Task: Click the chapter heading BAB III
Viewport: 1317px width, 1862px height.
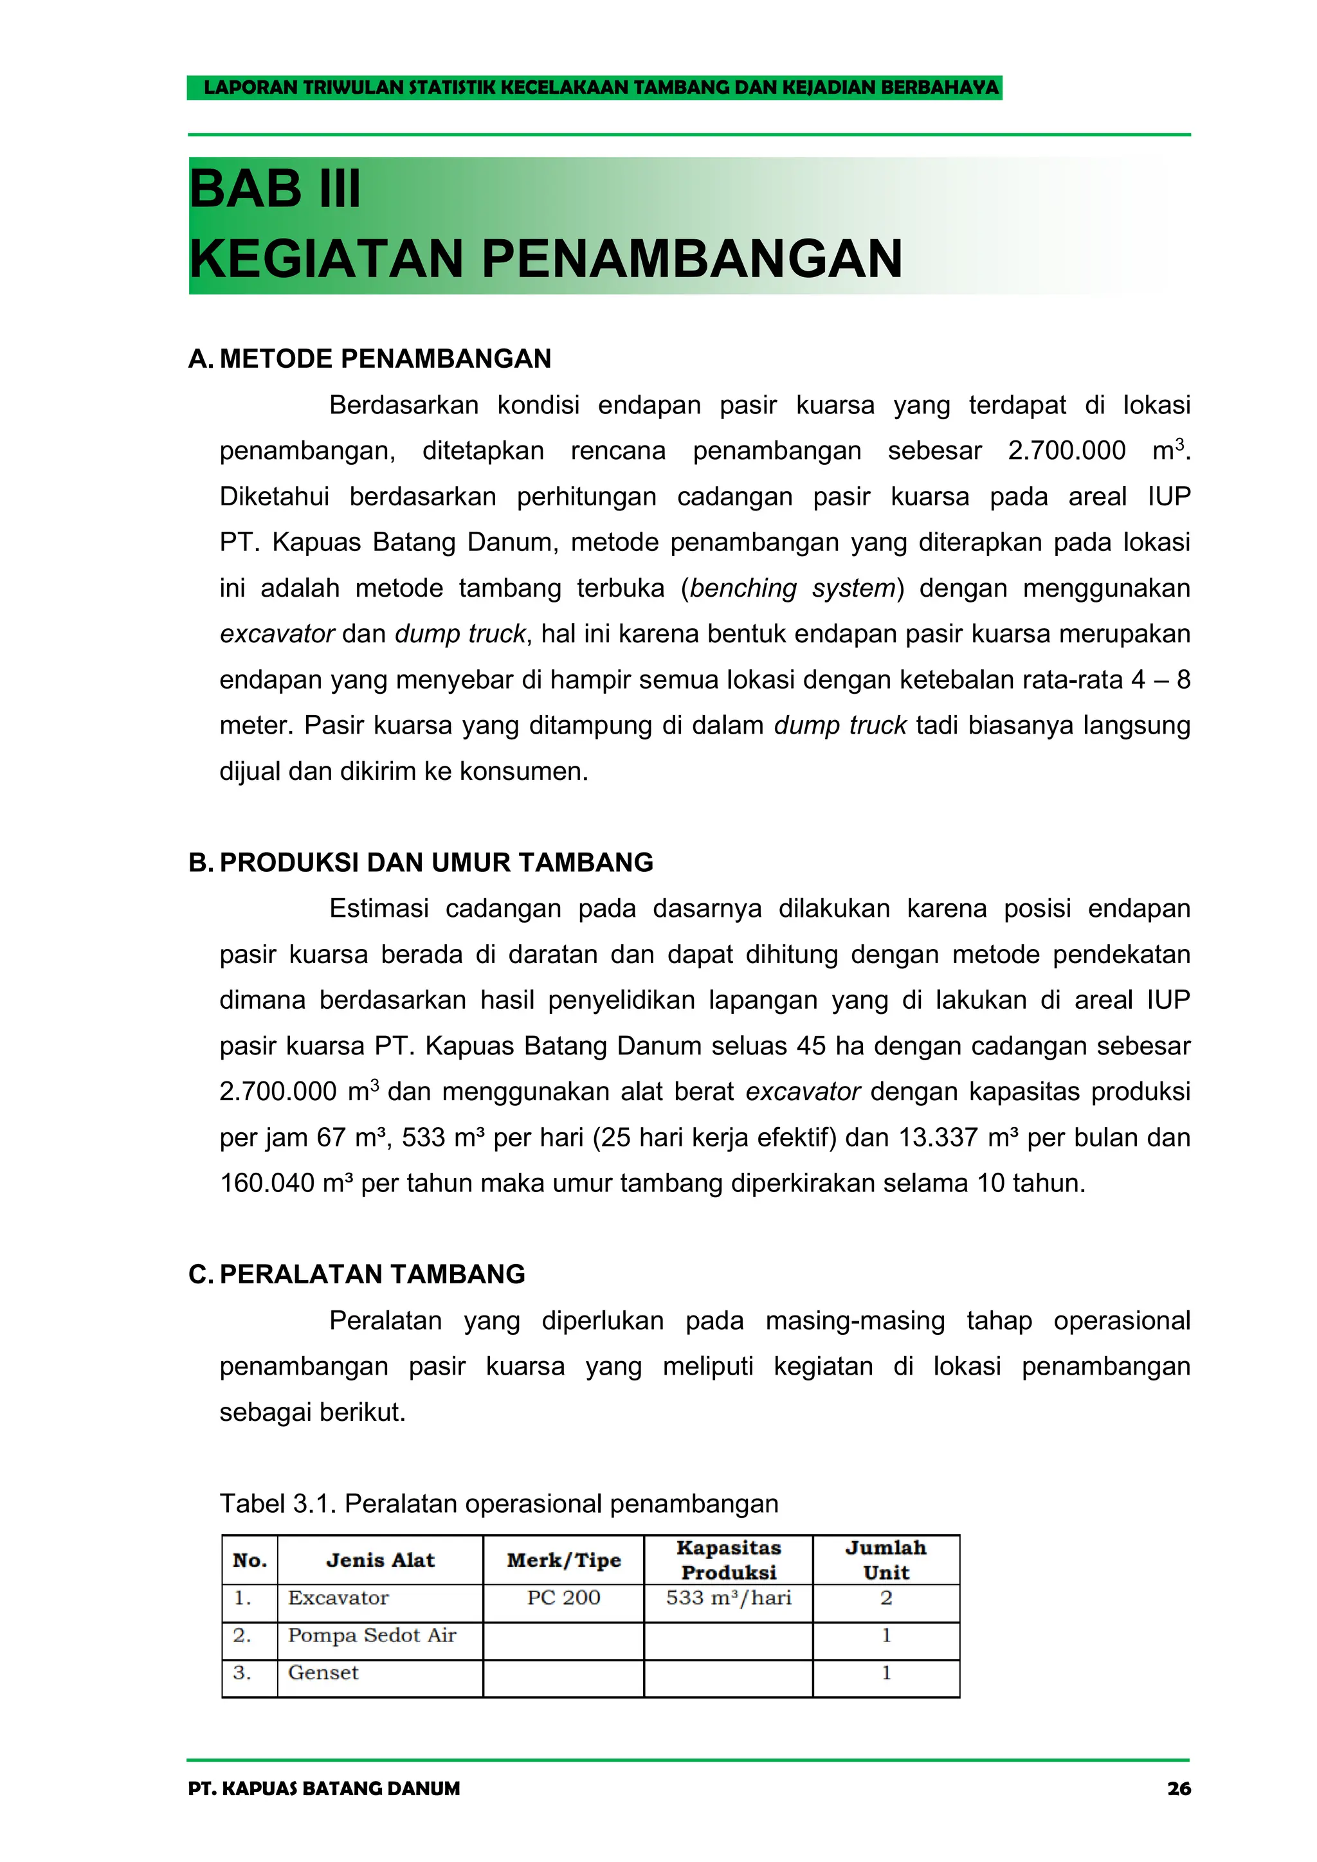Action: point(275,190)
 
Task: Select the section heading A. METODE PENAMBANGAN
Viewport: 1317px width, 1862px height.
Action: point(370,359)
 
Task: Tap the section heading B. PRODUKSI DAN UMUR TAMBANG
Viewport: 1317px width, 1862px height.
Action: point(421,862)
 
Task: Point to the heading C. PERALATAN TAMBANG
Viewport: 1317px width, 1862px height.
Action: point(357,1274)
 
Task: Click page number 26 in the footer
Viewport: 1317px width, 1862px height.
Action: point(1178,1789)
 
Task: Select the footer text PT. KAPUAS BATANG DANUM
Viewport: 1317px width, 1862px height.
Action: point(323,1789)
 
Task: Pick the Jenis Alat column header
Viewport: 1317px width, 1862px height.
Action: point(379,1560)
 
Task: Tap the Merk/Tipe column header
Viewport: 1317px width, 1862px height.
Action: point(563,1560)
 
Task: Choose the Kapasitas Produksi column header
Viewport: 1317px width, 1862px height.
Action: point(728,1560)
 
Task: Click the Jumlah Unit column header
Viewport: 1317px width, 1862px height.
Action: point(886,1560)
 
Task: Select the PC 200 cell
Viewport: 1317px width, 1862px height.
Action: point(563,1598)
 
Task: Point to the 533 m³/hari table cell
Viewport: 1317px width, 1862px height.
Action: point(728,1598)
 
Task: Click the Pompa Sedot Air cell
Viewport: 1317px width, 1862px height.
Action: point(372,1635)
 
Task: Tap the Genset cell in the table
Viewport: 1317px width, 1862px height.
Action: point(323,1672)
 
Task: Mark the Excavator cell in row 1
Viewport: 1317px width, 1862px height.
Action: point(338,1598)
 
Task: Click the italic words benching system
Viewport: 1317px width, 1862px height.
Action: point(792,588)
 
